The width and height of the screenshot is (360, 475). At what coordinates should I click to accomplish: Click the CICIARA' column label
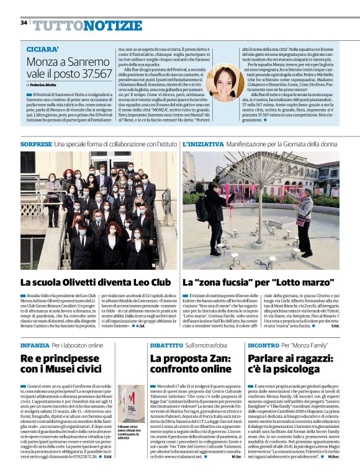pos(43,48)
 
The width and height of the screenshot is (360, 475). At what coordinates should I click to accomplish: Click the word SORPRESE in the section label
pos(36,144)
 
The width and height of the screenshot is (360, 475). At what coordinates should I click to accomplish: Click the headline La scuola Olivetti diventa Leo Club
pos(96,282)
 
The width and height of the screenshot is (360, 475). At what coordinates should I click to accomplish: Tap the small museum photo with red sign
pos(130,403)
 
